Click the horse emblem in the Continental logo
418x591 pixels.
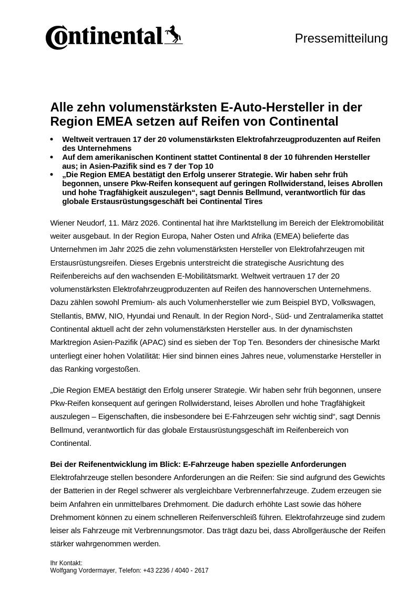(x=173, y=34)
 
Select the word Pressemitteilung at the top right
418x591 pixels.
(x=341, y=38)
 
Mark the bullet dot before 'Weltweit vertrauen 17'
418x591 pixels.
(x=52, y=139)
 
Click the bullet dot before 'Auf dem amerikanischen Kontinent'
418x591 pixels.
(x=52, y=157)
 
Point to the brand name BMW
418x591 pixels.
(x=95, y=316)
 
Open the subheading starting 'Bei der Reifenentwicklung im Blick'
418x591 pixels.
(x=198, y=464)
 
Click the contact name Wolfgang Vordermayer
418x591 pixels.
(x=83, y=570)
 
